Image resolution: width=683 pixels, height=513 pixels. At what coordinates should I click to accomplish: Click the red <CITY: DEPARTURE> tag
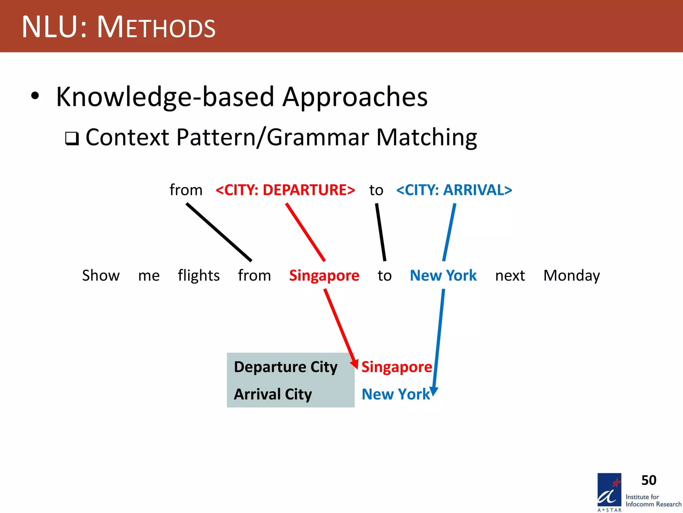point(285,190)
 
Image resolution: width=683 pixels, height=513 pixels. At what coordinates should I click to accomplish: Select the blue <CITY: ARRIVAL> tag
point(454,190)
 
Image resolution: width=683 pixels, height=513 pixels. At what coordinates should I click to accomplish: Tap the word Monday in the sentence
point(571,276)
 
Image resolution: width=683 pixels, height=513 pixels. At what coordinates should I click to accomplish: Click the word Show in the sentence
point(101,276)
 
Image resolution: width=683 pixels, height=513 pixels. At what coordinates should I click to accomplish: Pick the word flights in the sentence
point(198,276)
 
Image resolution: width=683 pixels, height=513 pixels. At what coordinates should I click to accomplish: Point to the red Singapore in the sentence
point(324,276)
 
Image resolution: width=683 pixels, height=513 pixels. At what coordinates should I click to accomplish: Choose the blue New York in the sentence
point(443,276)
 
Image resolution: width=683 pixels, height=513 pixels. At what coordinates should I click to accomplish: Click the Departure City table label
point(285,367)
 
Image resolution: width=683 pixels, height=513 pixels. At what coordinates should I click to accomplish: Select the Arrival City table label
point(273,394)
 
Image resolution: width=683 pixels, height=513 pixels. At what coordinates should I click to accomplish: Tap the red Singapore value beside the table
point(396,367)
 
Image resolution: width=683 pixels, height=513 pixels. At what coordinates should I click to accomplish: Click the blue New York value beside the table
point(396,394)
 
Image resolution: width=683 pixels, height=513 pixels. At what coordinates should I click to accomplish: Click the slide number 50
point(649,480)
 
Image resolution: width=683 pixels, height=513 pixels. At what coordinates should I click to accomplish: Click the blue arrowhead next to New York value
point(434,391)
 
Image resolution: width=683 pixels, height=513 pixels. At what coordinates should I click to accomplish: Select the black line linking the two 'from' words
point(219,232)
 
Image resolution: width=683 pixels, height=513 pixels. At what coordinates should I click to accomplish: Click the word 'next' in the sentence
point(510,276)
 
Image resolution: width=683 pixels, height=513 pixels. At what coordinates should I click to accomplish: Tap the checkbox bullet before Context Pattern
point(72,138)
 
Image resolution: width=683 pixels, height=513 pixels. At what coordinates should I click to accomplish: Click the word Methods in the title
point(156,27)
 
